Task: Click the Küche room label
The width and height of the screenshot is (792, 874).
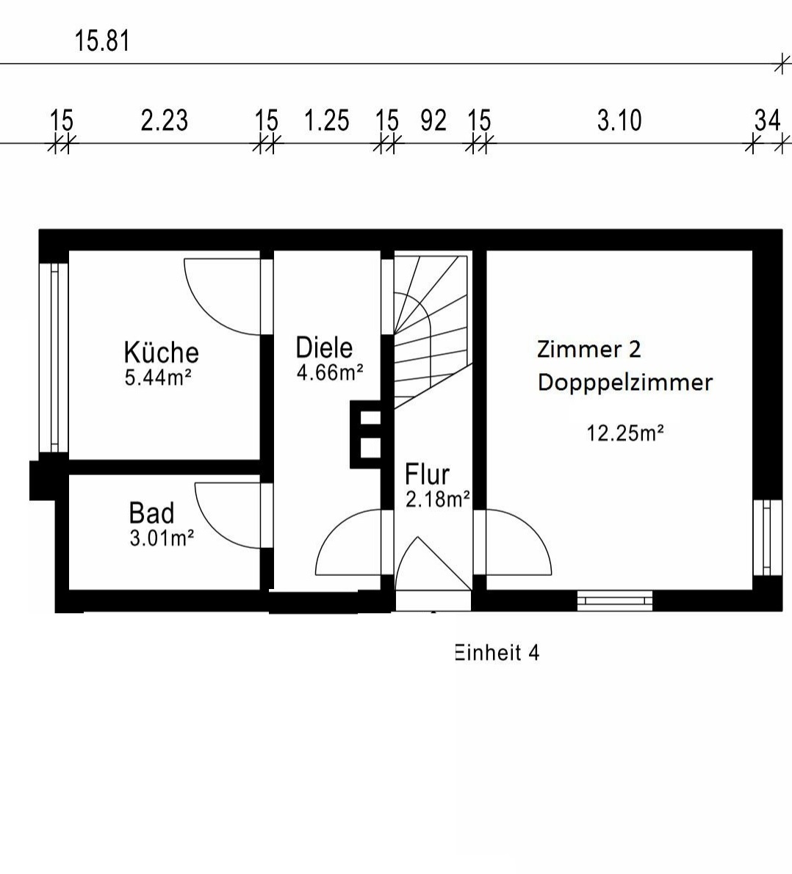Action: click(161, 353)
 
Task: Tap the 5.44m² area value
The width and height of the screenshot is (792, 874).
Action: click(158, 378)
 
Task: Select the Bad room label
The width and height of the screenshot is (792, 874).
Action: click(151, 513)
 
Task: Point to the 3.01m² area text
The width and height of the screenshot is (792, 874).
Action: click(162, 538)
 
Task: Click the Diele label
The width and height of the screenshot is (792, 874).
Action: click(324, 347)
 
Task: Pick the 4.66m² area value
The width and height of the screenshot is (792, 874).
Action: click(329, 372)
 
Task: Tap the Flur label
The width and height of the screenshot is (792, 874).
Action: click(427, 474)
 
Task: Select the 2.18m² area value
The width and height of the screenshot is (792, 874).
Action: click(438, 499)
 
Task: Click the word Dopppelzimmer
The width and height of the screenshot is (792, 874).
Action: click(624, 383)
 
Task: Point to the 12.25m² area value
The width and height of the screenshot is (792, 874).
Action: click(624, 433)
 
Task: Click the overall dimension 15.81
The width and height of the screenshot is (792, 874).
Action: click(102, 41)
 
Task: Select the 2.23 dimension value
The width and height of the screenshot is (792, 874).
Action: click(164, 120)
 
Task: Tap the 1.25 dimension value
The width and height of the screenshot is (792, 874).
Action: click(326, 120)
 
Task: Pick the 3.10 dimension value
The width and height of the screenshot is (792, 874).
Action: click(619, 120)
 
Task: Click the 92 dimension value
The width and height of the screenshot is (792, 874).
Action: click(433, 120)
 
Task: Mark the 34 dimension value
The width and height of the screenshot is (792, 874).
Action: click(767, 120)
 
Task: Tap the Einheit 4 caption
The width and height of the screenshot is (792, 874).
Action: click(497, 652)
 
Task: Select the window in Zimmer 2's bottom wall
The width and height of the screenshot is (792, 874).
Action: click(615, 600)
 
